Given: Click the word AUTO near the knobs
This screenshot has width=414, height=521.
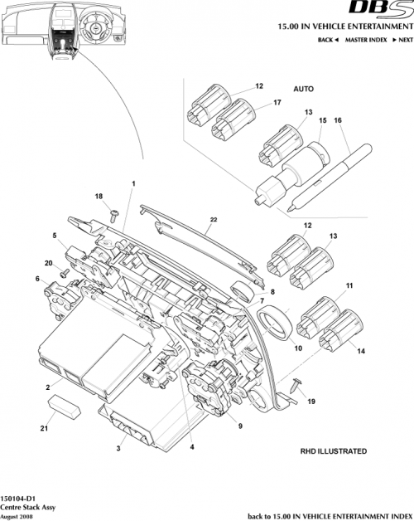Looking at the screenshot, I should click(x=304, y=88).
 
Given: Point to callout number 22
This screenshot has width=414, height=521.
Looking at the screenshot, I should click(x=213, y=219).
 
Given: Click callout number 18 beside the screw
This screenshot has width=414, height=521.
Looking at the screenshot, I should click(x=99, y=196).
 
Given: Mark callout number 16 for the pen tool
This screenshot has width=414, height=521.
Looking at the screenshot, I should click(x=337, y=120).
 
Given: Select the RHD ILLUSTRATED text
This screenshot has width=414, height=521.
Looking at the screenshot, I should click(x=333, y=451).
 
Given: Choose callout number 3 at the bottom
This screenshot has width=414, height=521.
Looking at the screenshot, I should click(x=118, y=449).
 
